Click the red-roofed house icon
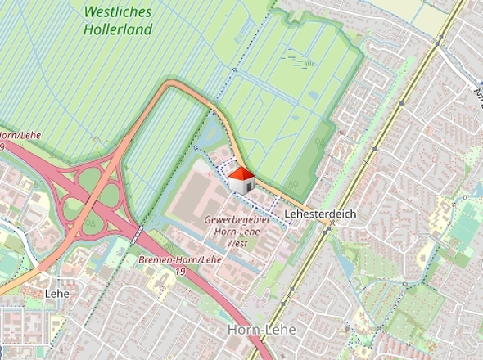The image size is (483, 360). point(240,180)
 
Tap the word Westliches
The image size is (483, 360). point(118,12)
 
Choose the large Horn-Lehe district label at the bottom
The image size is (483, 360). point(262,329)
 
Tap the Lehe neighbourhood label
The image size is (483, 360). point(57,293)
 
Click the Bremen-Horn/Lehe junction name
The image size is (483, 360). point(180,259)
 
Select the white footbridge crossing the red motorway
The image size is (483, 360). point(137,235)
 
